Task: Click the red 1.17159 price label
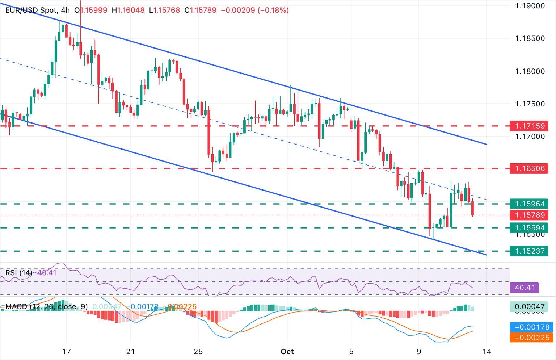click(530, 126)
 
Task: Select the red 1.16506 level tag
click(530, 168)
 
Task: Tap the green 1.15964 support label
click(530, 204)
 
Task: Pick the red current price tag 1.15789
click(530, 215)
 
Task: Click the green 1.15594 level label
click(530, 228)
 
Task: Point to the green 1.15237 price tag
click(530, 251)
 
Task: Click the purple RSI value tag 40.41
click(525, 288)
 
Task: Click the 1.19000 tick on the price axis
click(530, 6)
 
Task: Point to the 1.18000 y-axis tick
click(530, 71)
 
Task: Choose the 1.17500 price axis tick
click(530, 104)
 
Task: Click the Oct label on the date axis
click(287, 352)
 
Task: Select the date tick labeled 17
click(66, 352)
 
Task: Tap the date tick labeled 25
click(198, 352)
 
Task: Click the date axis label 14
click(487, 352)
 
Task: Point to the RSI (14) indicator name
click(18, 272)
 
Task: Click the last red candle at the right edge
click(473, 209)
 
